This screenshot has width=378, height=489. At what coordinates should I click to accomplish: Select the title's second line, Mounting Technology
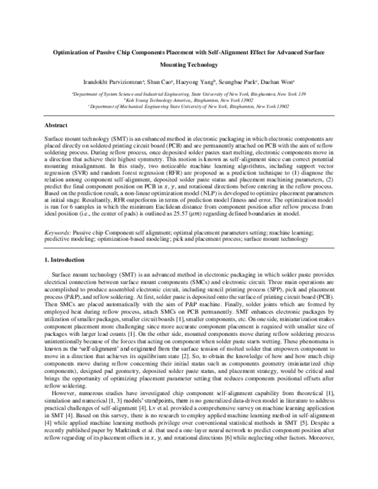[x=189, y=64]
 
